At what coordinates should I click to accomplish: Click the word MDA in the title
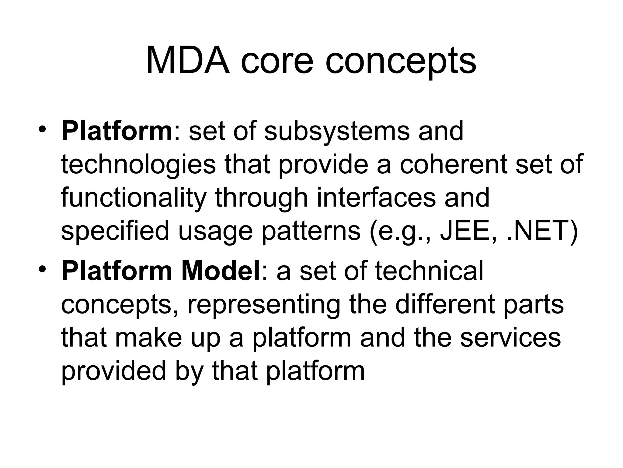[x=187, y=61]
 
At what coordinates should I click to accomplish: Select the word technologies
[x=138, y=165]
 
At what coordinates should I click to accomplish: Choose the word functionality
[x=134, y=198]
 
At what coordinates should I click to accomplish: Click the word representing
[x=264, y=305]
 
